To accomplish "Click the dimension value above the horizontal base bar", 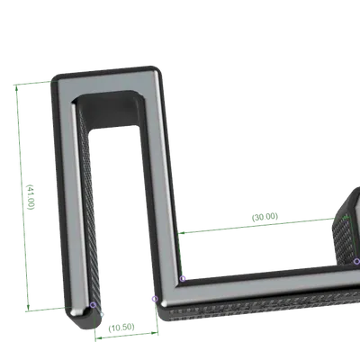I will point(262,217).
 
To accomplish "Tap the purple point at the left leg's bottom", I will point(93,305).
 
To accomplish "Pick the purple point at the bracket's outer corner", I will point(154,297).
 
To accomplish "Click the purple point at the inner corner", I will point(184,278).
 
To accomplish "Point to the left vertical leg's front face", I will point(67,198).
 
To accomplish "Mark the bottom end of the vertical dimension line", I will point(33,310).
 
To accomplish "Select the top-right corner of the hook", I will point(162,70).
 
